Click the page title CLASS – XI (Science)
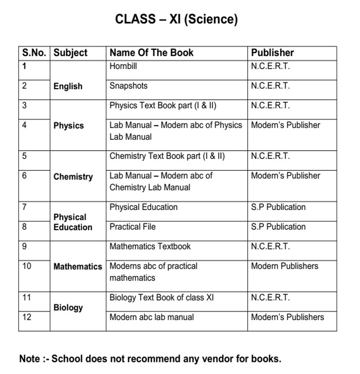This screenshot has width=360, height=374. point(176,20)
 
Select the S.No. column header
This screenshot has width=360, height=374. point(34,53)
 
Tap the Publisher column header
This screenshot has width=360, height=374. point(272,53)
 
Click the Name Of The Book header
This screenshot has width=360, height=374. point(151,53)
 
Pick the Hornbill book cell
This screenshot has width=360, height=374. point(123,66)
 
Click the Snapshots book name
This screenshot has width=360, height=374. point(129,86)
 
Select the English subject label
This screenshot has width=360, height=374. point(68,86)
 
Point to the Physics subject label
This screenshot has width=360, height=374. point(68,126)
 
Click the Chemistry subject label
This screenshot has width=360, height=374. point(73,177)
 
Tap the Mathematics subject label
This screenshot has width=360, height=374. point(77,266)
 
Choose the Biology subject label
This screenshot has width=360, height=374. point(68,307)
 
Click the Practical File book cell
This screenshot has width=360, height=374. point(133,227)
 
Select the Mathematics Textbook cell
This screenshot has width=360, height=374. point(150,246)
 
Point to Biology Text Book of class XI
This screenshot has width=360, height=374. point(162,298)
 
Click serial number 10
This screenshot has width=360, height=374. point(27,266)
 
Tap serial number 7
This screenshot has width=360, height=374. point(24,207)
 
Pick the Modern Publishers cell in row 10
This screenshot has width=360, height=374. point(285,266)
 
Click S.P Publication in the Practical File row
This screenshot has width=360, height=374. point(278,227)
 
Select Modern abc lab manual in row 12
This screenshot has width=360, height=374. point(151,317)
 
